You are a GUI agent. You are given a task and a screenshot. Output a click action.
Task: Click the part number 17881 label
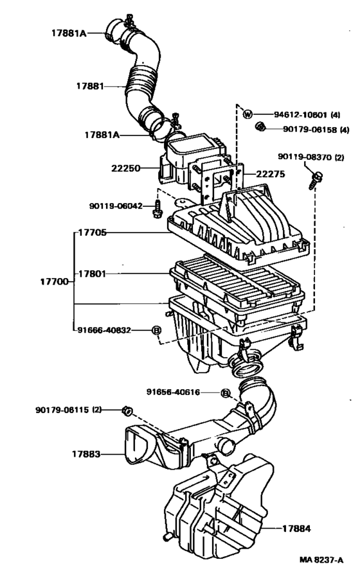[90, 86]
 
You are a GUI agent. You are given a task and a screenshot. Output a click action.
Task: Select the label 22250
[126, 168]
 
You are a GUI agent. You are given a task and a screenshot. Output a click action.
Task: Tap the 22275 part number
[271, 174]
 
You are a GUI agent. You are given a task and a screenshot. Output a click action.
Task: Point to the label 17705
[93, 233]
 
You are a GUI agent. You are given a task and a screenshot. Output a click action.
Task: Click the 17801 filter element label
[92, 274]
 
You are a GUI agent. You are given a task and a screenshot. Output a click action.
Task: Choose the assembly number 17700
[54, 282]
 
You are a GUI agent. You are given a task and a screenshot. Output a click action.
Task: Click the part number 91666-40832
[104, 330]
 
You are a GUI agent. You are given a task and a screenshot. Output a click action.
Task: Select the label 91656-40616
[173, 392]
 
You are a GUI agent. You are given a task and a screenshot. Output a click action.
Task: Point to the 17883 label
[86, 453]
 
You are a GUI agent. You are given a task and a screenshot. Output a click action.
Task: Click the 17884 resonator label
[296, 529]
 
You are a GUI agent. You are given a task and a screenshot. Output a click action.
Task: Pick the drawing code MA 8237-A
[321, 560]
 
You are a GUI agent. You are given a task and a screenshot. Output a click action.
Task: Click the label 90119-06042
[116, 206]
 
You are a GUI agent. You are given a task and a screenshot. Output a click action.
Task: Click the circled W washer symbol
[248, 114]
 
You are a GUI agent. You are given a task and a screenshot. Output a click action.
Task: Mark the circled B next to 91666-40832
[157, 330]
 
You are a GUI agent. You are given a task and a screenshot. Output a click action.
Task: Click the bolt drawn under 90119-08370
[316, 180]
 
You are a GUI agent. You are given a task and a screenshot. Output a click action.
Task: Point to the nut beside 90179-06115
[128, 410]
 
